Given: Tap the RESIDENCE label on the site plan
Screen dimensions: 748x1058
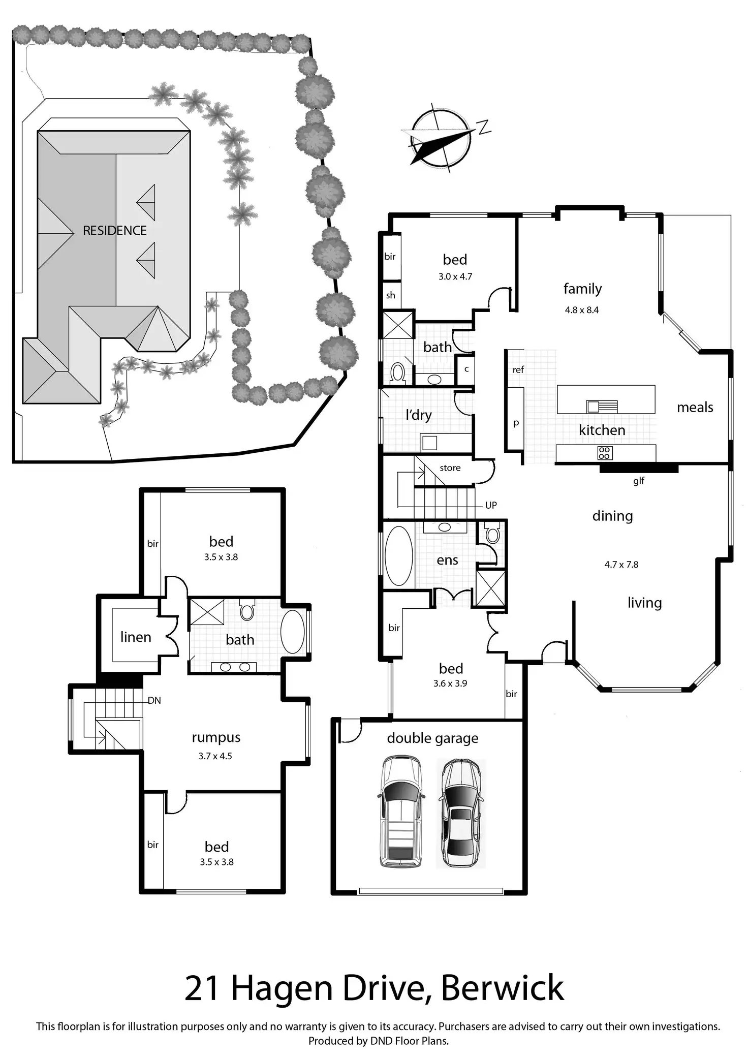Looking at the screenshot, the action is pyautogui.click(x=114, y=231).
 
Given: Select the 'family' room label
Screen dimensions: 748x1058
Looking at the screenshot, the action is pyautogui.click(x=582, y=289).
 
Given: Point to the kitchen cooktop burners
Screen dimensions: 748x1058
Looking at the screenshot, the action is pyautogui.click(x=604, y=453).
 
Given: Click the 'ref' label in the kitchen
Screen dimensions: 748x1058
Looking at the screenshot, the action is pyautogui.click(x=518, y=370).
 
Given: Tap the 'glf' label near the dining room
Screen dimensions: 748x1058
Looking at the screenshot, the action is pyautogui.click(x=639, y=480).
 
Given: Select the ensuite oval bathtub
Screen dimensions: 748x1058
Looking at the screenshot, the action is pyautogui.click(x=399, y=556).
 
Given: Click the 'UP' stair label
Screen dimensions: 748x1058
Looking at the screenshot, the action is pyautogui.click(x=490, y=505).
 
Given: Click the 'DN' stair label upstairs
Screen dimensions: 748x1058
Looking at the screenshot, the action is pyautogui.click(x=154, y=700).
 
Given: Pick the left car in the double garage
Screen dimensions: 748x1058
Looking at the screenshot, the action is pyautogui.click(x=400, y=812).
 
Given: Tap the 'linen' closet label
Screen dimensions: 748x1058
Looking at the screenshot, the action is pyautogui.click(x=136, y=637).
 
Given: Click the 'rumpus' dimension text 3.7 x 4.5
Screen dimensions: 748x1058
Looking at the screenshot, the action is pyautogui.click(x=215, y=756).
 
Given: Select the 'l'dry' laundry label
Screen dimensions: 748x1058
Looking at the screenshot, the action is pyautogui.click(x=418, y=415).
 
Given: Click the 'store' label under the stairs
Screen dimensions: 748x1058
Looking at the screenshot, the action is pyautogui.click(x=450, y=468).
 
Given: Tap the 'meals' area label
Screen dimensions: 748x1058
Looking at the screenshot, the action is pyautogui.click(x=695, y=408).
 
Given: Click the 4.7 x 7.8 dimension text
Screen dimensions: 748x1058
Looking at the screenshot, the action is pyautogui.click(x=621, y=564).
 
